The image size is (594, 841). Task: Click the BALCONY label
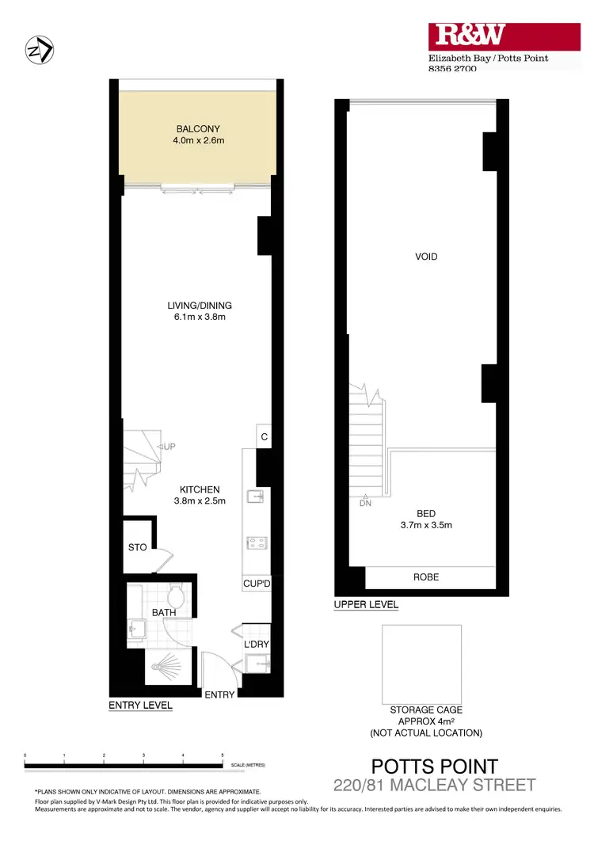click(x=198, y=129)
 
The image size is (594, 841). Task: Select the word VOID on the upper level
click(x=425, y=257)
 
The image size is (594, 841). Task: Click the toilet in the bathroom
click(x=177, y=595)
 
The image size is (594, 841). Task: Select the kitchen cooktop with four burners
click(x=257, y=543)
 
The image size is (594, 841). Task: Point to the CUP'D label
click(x=257, y=584)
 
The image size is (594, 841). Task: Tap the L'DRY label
click(x=257, y=645)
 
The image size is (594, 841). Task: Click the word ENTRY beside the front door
click(x=219, y=694)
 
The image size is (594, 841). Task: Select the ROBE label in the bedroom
click(x=426, y=577)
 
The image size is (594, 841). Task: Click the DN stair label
click(x=365, y=503)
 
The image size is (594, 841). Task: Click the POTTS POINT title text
click(x=435, y=766)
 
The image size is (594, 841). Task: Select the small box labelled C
click(x=264, y=437)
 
